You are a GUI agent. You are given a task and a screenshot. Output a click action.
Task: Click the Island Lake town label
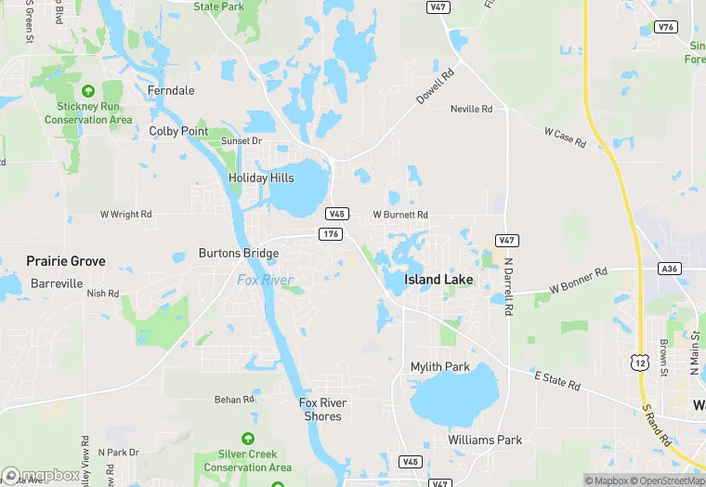(x=438, y=280)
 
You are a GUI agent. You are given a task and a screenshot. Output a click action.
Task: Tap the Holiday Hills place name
(x=261, y=178)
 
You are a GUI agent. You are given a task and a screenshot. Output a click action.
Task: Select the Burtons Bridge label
(x=239, y=253)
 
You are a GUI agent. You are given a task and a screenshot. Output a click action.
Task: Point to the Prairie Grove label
(x=66, y=261)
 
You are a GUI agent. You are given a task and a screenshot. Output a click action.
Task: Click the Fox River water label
(x=265, y=280)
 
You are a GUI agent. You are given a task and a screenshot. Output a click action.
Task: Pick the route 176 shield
(x=330, y=234)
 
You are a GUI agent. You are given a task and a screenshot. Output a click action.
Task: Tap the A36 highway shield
(x=669, y=268)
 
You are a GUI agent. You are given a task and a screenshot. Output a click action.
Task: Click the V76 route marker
(x=664, y=27)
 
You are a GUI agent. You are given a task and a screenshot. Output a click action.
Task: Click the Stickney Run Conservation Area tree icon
(x=88, y=91)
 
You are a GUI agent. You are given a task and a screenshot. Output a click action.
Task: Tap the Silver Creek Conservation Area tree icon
(x=248, y=439)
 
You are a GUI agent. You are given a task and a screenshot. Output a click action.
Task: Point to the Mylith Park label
(x=440, y=367)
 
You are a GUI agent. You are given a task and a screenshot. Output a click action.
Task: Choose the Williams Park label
(x=485, y=440)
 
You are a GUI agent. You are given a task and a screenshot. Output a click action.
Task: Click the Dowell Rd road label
(x=436, y=86)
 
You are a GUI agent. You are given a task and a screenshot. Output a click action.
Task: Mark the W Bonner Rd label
(x=578, y=281)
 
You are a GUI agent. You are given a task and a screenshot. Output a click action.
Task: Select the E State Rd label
(x=557, y=379)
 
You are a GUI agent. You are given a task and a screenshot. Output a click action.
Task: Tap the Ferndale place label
(x=171, y=90)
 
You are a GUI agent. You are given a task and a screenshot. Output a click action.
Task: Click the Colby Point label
(x=179, y=132)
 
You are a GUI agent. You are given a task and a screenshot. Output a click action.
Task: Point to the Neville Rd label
(x=471, y=109)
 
